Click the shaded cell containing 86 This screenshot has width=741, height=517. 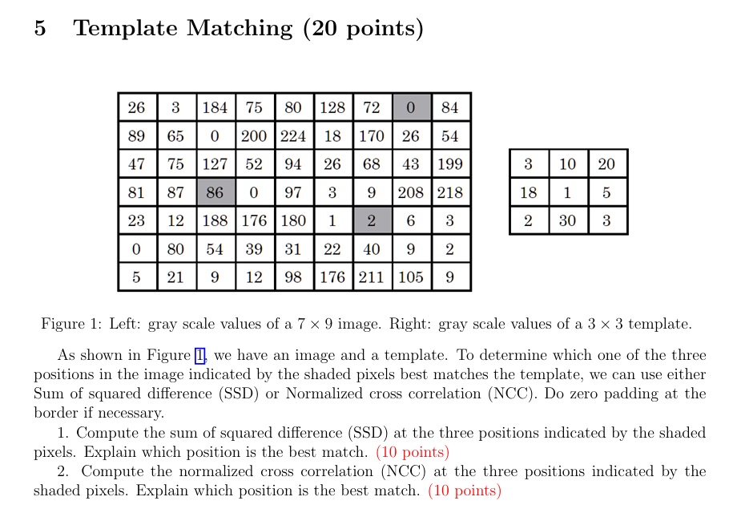point(215,192)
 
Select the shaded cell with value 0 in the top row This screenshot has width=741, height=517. point(411,107)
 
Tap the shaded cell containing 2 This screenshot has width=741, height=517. point(372,220)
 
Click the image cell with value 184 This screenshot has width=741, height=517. point(215,107)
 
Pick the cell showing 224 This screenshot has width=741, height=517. point(293,135)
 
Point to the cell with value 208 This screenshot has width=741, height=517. point(411,192)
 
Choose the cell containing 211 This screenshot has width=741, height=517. point(372,277)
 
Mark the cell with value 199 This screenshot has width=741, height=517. point(450,164)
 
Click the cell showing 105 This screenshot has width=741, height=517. point(411,277)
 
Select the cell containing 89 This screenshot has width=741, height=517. point(137,135)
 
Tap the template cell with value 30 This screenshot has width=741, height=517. point(568,220)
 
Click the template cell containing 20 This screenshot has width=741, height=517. point(607,164)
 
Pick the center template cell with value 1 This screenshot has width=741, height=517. point(568,192)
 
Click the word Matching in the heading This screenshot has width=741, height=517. point(240,28)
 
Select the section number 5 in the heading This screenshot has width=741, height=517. point(40,28)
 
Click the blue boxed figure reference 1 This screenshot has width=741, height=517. point(200,355)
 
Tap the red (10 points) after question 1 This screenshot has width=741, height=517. point(413,452)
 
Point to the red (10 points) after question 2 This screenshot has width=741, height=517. point(465,491)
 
